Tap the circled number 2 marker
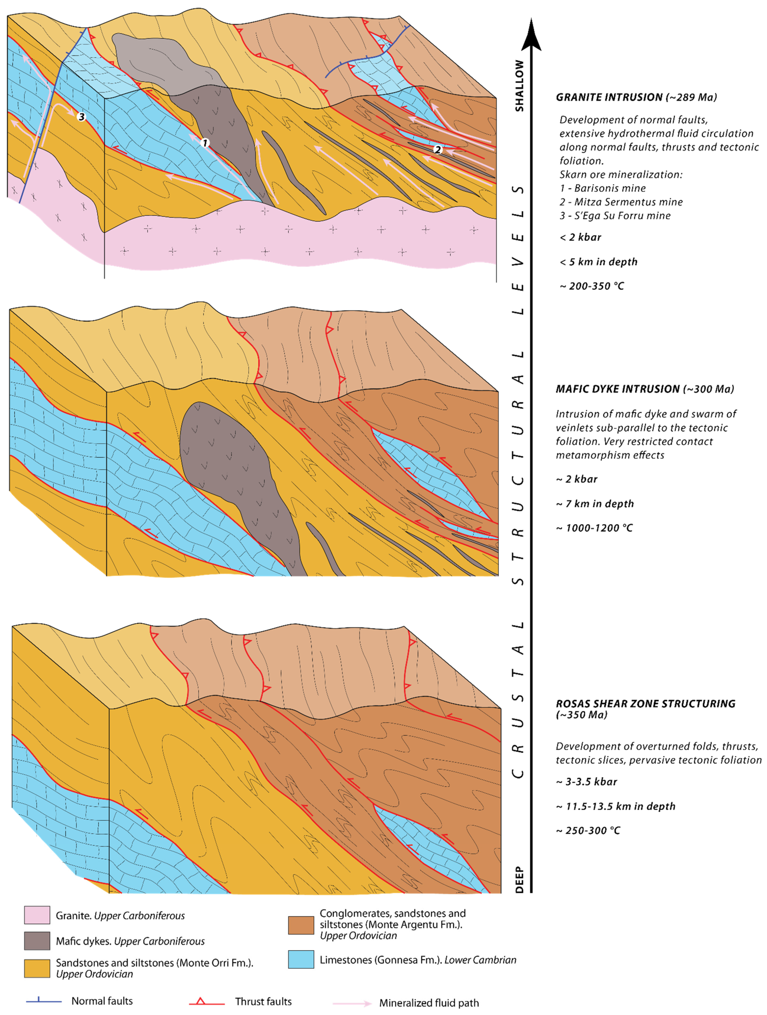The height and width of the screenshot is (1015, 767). (438, 149)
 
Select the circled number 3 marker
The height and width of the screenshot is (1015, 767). (81, 116)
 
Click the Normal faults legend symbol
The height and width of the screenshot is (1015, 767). (44, 1001)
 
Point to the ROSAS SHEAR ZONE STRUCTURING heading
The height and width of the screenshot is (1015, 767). (645, 704)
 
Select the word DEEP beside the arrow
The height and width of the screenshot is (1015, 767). (519, 879)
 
